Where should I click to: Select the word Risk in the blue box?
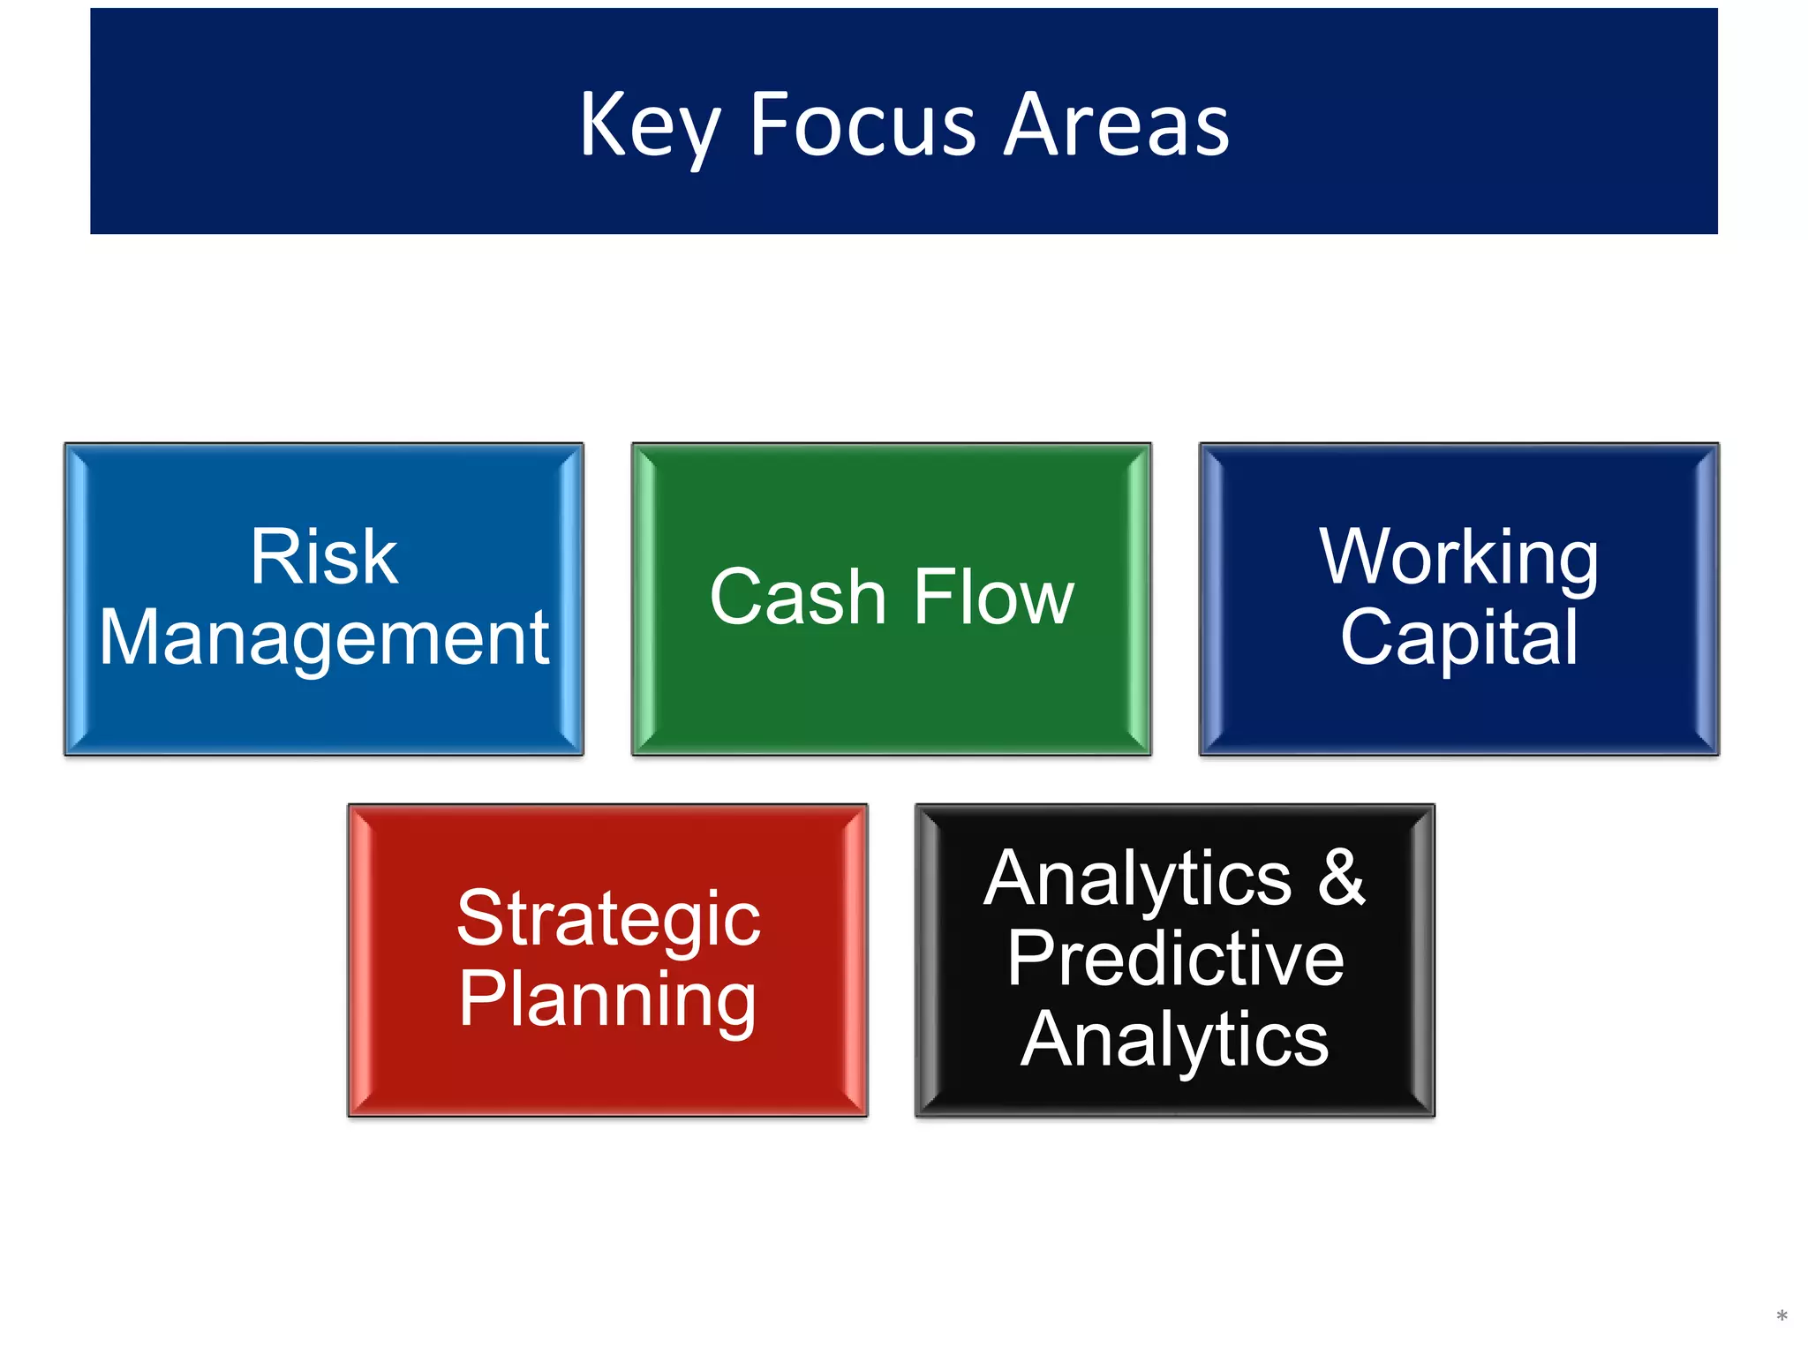pyautogui.click(x=323, y=557)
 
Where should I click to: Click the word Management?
pyautogui.click(x=323, y=637)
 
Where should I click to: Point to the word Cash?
pyautogui.click(x=797, y=598)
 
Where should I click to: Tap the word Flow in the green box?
pyautogui.click(x=993, y=598)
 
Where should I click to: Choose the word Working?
pyautogui.click(x=1458, y=557)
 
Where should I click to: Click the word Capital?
pyautogui.click(x=1458, y=637)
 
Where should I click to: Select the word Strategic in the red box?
pyautogui.click(x=608, y=919)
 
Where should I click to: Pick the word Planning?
pyautogui.click(x=608, y=999)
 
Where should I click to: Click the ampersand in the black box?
pyautogui.click(x=1342, y=878)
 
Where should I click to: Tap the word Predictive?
pyautogui.click(x=1175, y=959)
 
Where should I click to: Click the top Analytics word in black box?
pyautogui.click(x=1138, y=878)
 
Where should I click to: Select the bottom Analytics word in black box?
pyautogui.click(x=1175, y=1040)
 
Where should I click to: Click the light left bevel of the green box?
pyautogui.click(x=645, y=599)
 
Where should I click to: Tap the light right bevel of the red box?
pyautogui.click(x=854, y=960)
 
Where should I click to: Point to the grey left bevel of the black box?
pyautogui.click(x=929, y=960)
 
